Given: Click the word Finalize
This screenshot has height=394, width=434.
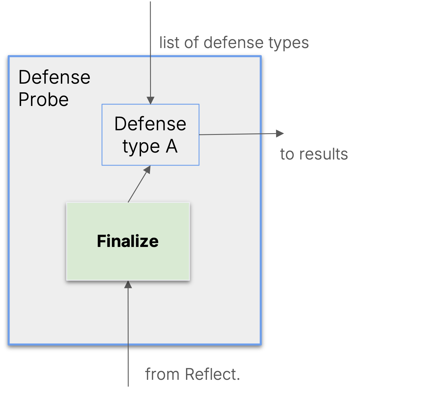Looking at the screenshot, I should click(128, 241).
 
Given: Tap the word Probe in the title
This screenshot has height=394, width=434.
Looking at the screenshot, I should click(43, 100).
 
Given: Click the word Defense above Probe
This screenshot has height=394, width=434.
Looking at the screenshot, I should click(54, 77).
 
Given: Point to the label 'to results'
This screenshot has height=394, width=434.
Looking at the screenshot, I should click(314, 154).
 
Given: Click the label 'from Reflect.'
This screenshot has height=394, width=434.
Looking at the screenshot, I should click(192, 374).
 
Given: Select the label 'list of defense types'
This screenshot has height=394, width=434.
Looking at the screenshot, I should click(234, 43).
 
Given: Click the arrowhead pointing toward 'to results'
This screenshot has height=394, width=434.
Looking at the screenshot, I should click(280, 133).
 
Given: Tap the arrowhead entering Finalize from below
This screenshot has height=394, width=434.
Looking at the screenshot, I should click(128, 285).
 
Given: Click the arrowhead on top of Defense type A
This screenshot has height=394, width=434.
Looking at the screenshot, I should click(150, 100).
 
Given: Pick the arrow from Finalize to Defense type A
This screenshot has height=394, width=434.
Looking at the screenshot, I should click(139, 184).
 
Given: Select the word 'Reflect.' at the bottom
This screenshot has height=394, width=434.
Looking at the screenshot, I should click(212, 374).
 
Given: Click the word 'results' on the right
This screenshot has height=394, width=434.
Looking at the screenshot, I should click(324, 154).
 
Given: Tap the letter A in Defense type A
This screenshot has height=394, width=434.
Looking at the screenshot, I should click(172, 146).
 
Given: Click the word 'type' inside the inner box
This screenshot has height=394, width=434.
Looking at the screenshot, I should click(141, 147).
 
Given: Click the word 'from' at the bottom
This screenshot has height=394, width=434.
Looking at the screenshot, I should click(162, 374).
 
